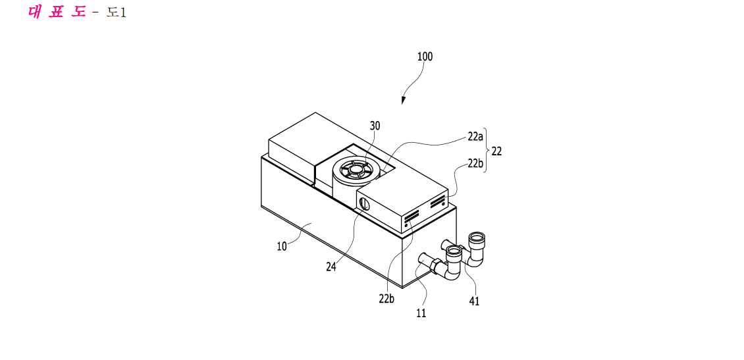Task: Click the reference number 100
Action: coord(425,57)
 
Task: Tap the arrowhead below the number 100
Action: coord(404,100)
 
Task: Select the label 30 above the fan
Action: coord(375,126)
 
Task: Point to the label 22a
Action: coord(475,138)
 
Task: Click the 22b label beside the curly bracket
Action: coord(475,164)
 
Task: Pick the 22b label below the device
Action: coord(387,299)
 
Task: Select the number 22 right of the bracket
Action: coord(496,151)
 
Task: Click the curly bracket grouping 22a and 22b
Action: coord(487,151)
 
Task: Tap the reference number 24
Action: coord(331,267)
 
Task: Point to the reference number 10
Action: coord(282,247)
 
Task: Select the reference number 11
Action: coord(421,313)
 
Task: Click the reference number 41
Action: coord(474,301)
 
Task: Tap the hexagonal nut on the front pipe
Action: coord(434,266)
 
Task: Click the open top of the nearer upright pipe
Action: coord(455,249)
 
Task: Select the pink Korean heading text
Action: coord(57,12)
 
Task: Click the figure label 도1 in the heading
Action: coord(117,13)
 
